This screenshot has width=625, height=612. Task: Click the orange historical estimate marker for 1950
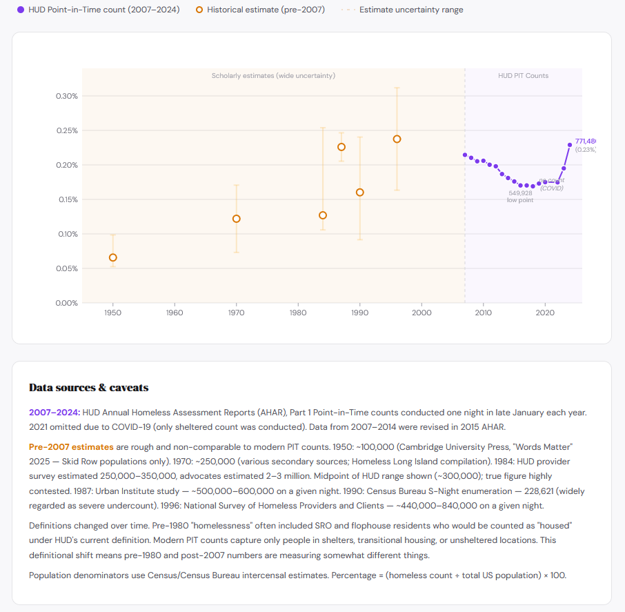[x=113, y=257]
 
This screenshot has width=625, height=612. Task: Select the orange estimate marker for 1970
[x=237, y=219]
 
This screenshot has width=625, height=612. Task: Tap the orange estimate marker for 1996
[x=397, y=139]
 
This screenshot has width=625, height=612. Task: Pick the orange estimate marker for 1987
[x=341, y=147]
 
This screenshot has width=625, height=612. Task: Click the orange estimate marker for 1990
[x=359, y=193]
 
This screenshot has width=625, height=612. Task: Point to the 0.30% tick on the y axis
[x=67, y=96]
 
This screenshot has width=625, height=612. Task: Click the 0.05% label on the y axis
[x=67, y=268]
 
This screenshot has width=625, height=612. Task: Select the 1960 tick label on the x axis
[x=175, y=313]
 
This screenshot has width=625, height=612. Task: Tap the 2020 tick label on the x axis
[x=545, y=313]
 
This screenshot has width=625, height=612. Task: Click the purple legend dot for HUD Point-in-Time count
[x=21, y=10]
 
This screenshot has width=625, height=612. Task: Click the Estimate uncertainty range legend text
[x=411, y=10]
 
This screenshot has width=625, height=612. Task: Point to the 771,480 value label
[x=585, y=141]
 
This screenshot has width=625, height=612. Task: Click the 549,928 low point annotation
[x=520, y=193]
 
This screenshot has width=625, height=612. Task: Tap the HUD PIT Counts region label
[x=523, y=75]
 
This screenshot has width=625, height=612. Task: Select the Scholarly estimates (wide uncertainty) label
[x=273, y=75]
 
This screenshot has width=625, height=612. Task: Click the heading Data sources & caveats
[x=88, y=388]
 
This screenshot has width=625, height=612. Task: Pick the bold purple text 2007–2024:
[x=54, y=412]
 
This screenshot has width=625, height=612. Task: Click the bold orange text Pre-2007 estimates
[x=71, y=447]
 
